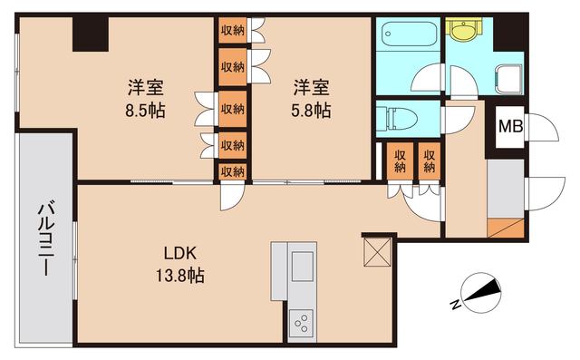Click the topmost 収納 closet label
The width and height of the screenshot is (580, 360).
[x=232, y=30]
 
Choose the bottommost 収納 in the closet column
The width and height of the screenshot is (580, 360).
[x=232, y=170]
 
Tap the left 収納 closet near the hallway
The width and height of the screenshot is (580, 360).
[x=398, y=161]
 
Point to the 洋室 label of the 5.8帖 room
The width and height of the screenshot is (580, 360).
[x=310, y=88]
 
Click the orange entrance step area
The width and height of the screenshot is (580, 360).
[x=504, y=227]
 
